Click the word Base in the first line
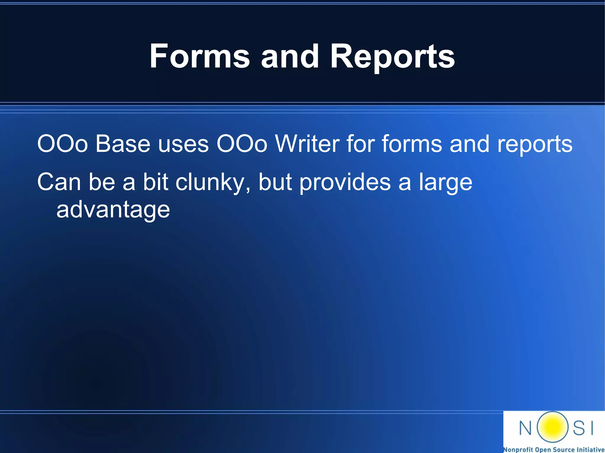tap(123, 144)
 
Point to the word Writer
tap(307, 144)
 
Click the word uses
tap(183, 144)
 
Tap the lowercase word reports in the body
tap(535, 144)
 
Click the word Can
tap(59, 182)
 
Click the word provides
tap(345, 182)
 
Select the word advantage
tap(113, 210)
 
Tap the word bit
tap(155, 182)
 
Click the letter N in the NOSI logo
tap(525, 428)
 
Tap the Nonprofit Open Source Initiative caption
tap(554, 449)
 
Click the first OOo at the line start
tap(62, 144)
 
